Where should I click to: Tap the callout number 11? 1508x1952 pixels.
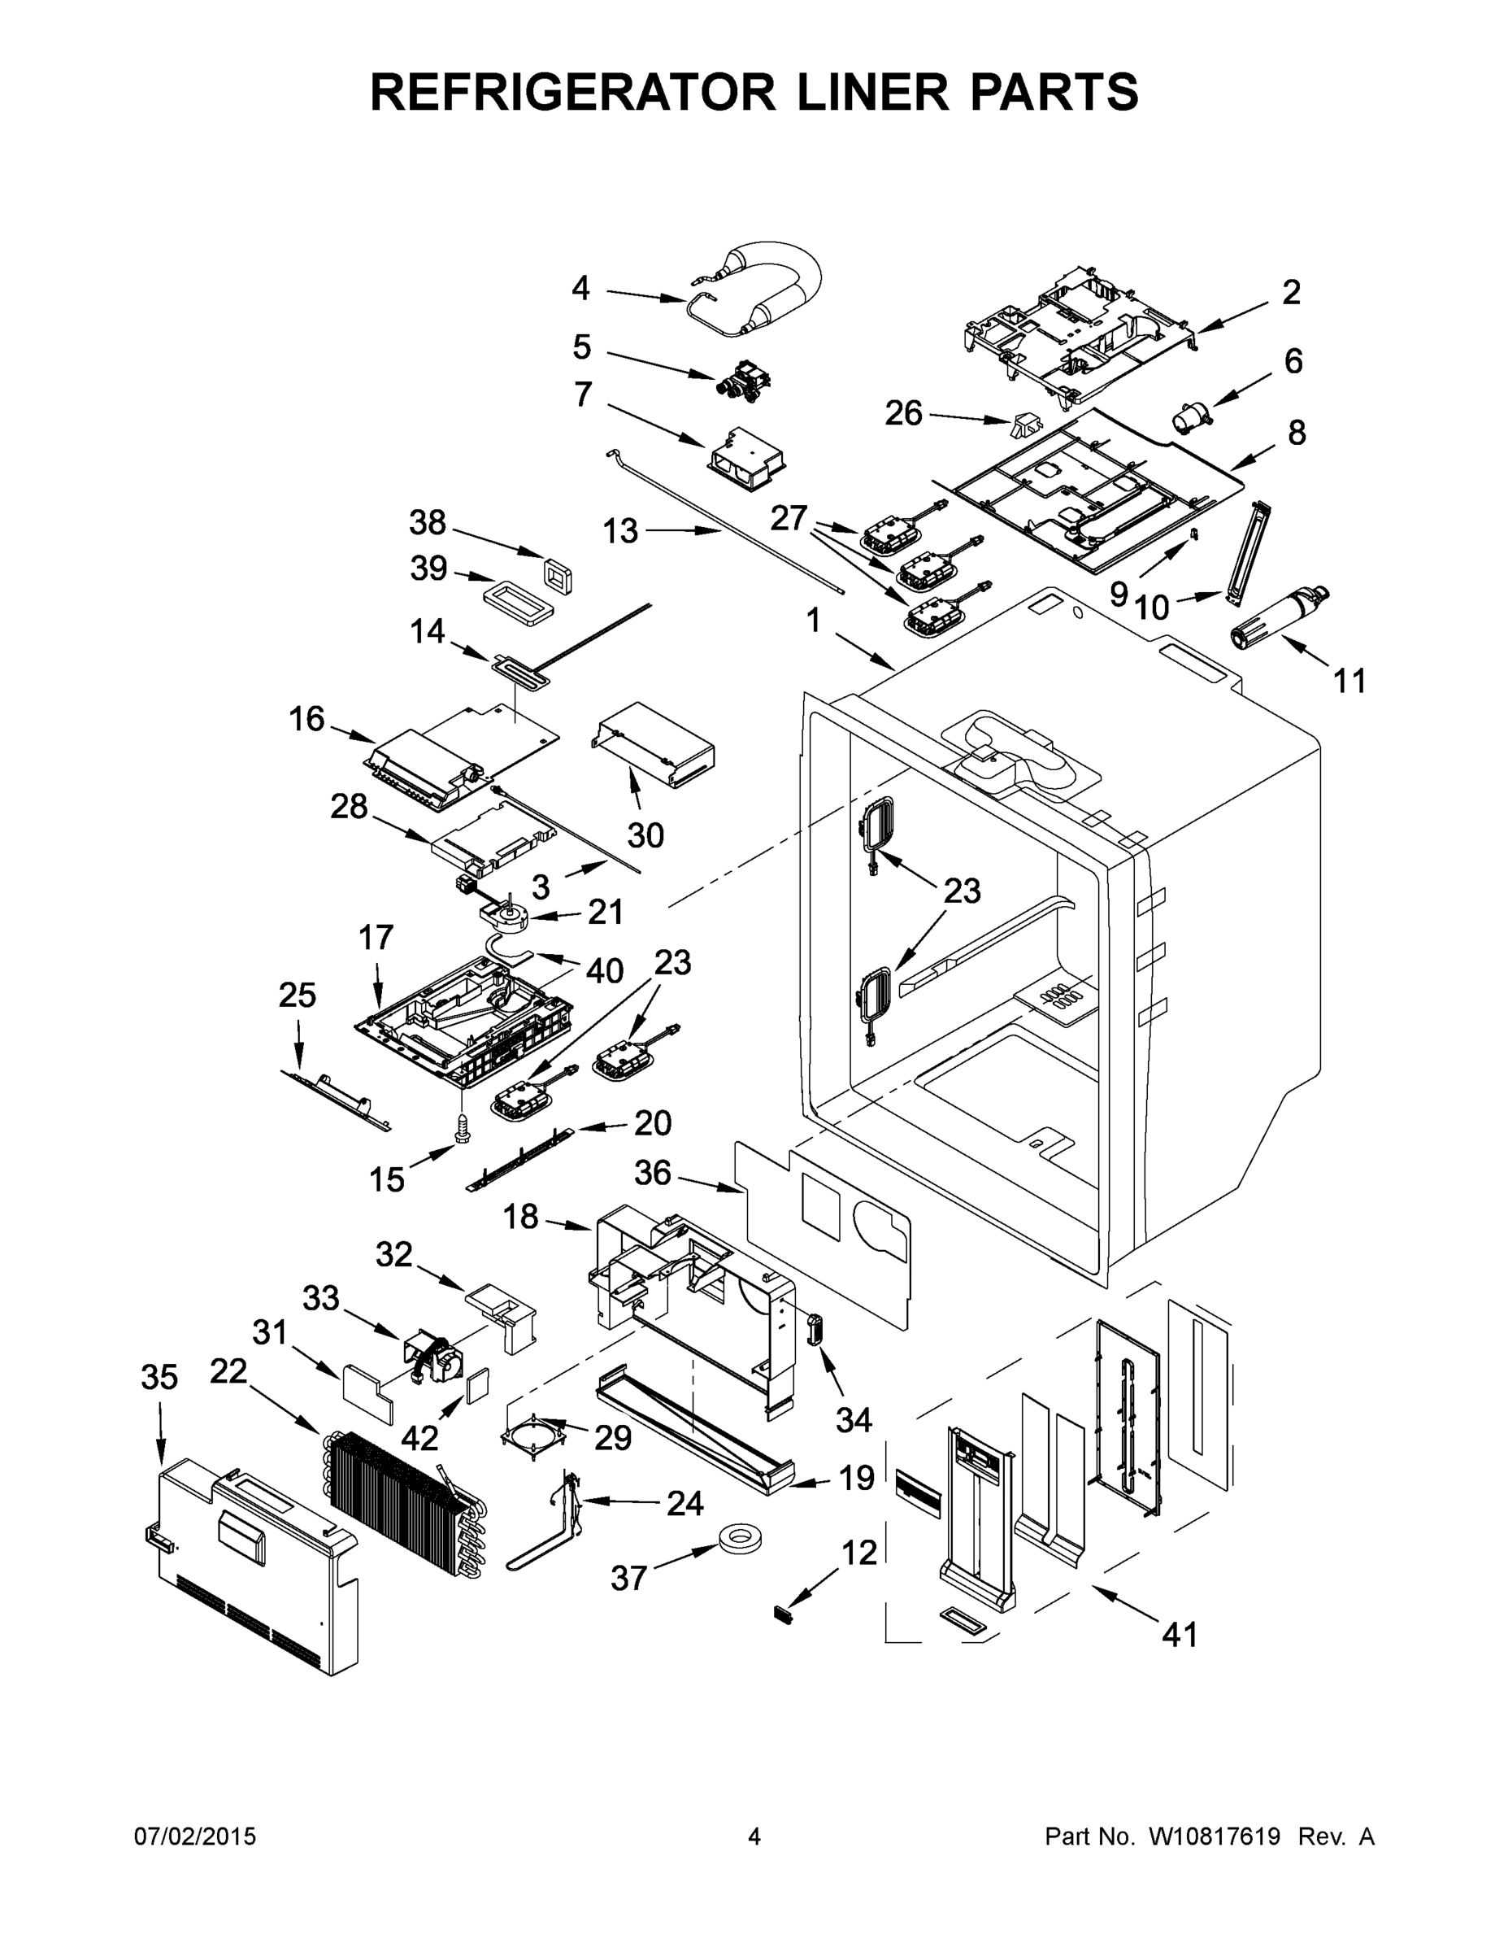click(x=1349, y=681)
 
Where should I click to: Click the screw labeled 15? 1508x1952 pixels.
click(x=462, y=1130)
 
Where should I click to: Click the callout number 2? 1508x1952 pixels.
click(x=1291, y=293)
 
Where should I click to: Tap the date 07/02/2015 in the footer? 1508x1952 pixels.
click(x=195, y=1837)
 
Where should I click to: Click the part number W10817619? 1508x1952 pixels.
click(x=1213, y=1837)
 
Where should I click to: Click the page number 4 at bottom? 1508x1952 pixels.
click(x=754, y=1837)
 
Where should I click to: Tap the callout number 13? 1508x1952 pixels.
click(x=620, y=531)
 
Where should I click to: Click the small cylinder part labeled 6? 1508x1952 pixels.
click(x=1193, y=416)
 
